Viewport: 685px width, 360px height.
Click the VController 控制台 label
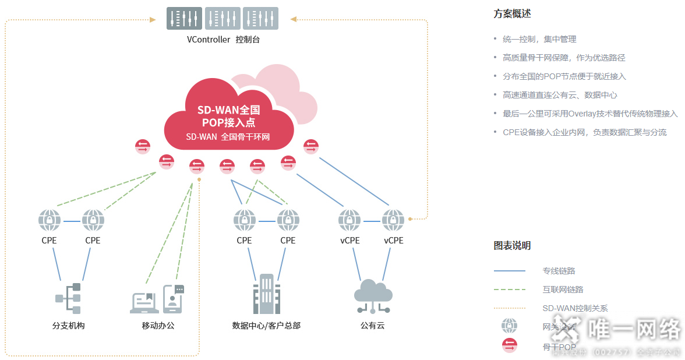pos(223,40)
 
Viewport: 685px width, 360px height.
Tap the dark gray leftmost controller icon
pos(185,18)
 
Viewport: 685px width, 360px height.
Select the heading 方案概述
pos(512,14)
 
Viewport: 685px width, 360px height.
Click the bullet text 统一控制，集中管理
pos(539,39)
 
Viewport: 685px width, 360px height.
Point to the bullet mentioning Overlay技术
pos(590,114)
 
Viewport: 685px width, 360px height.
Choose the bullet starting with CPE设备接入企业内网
pos(584,132)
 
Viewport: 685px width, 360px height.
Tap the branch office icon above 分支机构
pos(68,299)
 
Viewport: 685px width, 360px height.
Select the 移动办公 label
pos(158,326)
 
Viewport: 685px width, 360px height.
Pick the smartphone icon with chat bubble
pos(173,299)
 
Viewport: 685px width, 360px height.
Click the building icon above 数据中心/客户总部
pos(266,294)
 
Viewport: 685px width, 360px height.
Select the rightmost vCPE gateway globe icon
pos(393,221)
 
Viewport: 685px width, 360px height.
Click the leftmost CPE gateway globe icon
pos(50,221)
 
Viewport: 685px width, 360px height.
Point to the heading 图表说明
pos(512,246)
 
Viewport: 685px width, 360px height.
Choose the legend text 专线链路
pos(559,271)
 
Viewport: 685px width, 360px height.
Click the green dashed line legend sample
pos(509,290)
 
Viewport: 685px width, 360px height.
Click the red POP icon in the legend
pos(510,345)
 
